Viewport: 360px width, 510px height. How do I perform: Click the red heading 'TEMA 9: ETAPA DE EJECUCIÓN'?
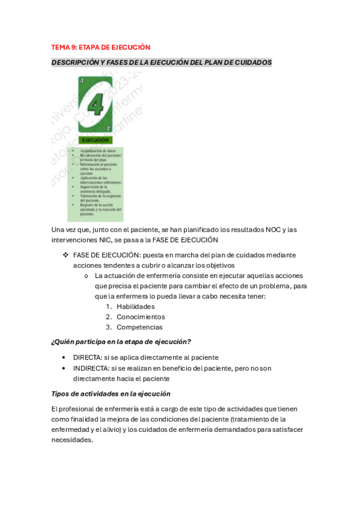click(100, 47)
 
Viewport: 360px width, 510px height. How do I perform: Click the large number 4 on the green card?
click(95, 104)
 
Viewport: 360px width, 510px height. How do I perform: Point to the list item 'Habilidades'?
click(135, 306)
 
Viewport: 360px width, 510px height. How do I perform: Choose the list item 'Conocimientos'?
click(141, 316)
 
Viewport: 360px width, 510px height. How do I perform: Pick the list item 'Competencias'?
click(139, 327)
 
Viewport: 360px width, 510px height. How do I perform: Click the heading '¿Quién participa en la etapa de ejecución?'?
click(121, 342)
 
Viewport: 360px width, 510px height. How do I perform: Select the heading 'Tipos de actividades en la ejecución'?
click(111, 394)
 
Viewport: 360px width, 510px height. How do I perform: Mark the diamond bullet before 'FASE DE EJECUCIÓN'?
click(66, 254)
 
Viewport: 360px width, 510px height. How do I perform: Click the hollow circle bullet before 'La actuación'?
click(88, 275)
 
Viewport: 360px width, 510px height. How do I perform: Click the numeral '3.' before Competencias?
click(109, 327)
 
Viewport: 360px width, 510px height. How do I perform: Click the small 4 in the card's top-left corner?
click(82, 80)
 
